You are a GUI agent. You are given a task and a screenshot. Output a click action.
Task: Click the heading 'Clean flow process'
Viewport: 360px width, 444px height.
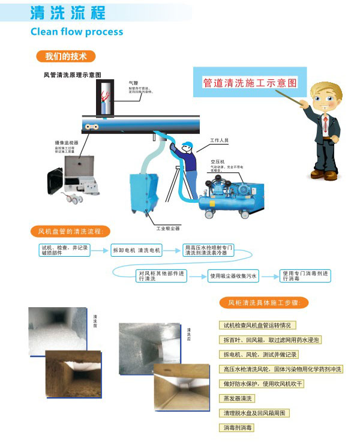tap(76, 32)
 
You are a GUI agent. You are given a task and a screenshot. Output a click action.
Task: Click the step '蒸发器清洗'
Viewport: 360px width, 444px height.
tap(238, 398)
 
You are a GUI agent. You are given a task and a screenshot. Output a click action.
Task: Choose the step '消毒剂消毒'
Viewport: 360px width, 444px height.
tap(238, 428)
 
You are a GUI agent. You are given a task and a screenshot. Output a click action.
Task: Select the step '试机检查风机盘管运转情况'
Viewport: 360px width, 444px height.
tap(256, 325)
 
